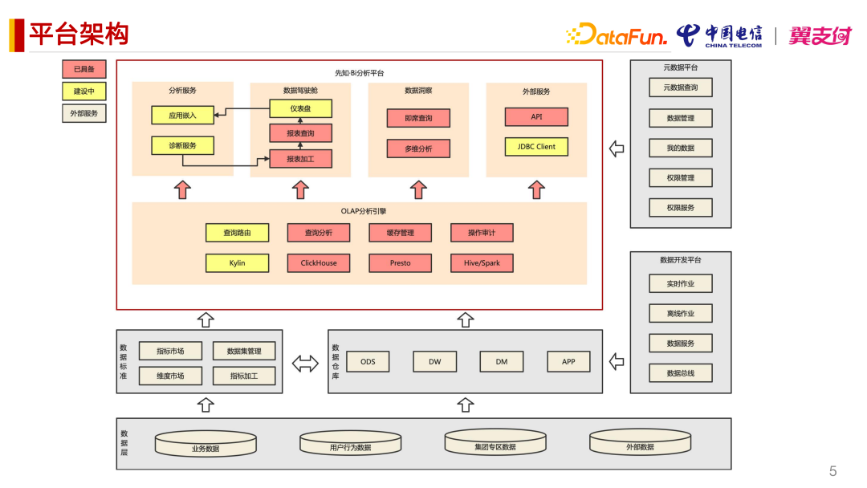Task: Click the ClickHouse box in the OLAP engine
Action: click(319, 262)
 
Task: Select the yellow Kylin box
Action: click(237, 262)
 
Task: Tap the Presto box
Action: click(400, 262)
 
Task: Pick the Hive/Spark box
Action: click(482, 262)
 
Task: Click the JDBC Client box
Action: click(536, 147)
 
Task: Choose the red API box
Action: click(536, 116)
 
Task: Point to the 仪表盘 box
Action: click(300, 108)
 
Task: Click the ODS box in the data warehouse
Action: click(368, 361)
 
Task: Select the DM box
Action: click(502, 361)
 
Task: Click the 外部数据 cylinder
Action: click(640, 443)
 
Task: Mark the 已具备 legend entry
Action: click(84, 69)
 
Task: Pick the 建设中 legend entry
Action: click(84, 91)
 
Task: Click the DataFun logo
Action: click(617, 35)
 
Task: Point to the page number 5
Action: click(832, 471)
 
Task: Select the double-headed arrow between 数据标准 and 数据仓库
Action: click(305, 363)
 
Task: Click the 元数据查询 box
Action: click(680, 87)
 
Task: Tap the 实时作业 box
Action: click(680, 283)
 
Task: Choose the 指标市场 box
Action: click(170, 351)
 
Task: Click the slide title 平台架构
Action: click(79, 35)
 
